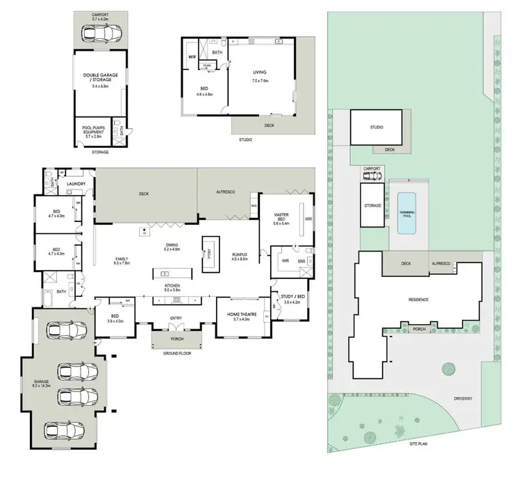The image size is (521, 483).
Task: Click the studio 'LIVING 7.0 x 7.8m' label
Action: coord(260,75)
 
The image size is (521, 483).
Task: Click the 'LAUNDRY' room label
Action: coord(76,184)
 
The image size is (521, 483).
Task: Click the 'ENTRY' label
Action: coord(176,319)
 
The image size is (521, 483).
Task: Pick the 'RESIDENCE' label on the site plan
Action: coord(418,299)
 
